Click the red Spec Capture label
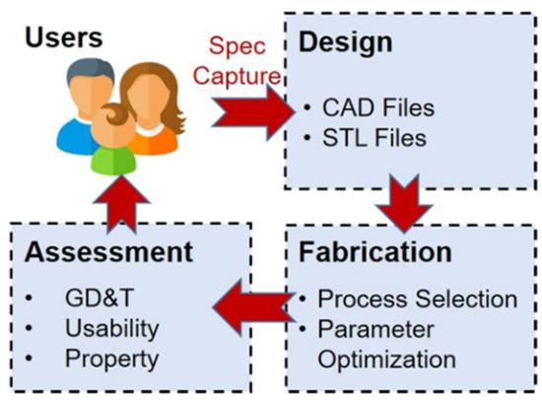click(x=243, y=58)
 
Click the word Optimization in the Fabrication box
click(x=385, y=359)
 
